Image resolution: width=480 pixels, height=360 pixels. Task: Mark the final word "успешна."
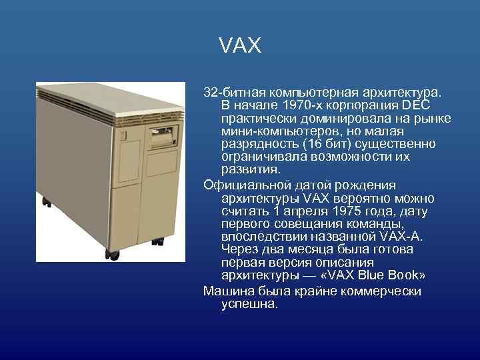[249, 304]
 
